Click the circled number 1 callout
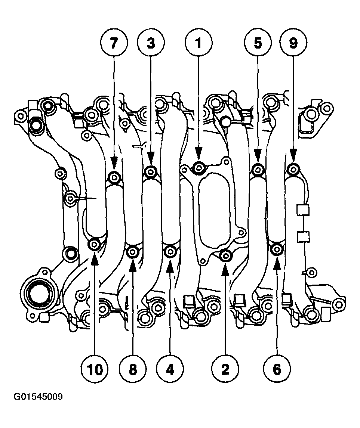[199, 43]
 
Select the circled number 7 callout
[114, 43]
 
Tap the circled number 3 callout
[151, 43]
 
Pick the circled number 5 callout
[258, 43]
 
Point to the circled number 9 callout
[293, 43]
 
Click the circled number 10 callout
[95, 369]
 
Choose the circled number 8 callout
[132, 369]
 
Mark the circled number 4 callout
[170, 369]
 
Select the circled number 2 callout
[225, 369]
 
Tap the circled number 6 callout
[277, 369]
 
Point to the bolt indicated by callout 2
[225, 255]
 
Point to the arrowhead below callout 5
[258, 154]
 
